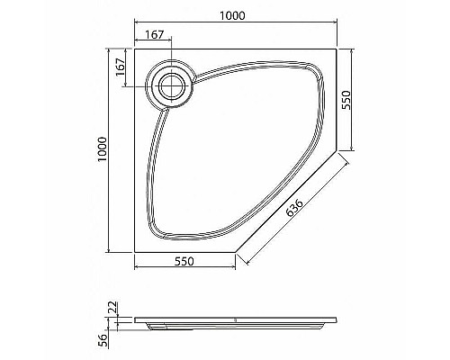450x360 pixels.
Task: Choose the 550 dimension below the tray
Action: [184, 260]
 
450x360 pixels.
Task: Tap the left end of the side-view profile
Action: [135, 318]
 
